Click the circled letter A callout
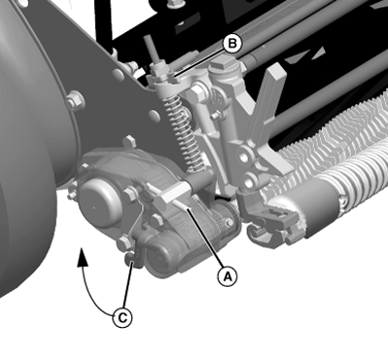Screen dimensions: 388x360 (228, 276)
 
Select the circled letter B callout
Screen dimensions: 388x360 (232, 43)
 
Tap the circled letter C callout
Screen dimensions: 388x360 (123, 318)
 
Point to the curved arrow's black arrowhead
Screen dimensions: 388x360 (83, 257)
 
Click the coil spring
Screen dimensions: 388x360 (184, 132)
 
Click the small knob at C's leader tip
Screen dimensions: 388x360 (130, 259)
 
